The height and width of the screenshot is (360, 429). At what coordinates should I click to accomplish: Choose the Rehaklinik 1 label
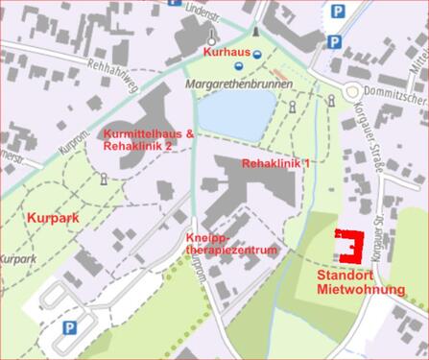[277, 164]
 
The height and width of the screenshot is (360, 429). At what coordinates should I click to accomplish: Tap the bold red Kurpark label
[52, 218]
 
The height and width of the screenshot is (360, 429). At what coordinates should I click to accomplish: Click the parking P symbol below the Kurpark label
[69, 327]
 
